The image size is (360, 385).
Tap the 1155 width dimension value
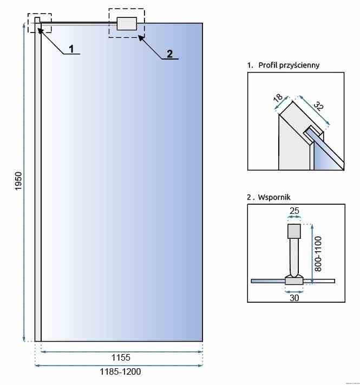point(121,358)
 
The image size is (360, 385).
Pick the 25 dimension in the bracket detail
point(294,210)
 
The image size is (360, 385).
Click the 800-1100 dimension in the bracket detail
point(318,253)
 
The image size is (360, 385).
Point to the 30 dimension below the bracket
point(294,297)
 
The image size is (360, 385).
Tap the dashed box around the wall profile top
point(40,23)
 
